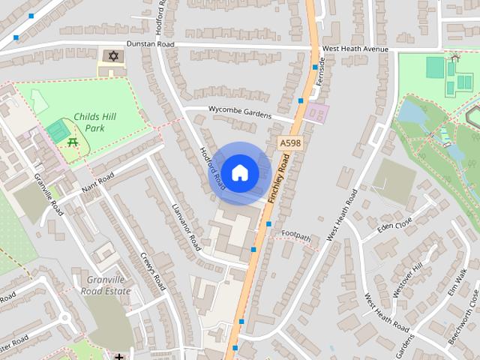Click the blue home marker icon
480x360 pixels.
[x=239, y=173]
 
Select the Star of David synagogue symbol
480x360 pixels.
[x=114, y=56]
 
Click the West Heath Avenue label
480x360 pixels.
[x=355, y=49]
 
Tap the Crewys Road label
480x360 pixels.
[x=152, y=270]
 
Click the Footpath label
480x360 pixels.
[x=296, y=236]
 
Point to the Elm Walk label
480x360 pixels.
[x=459, y=283]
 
